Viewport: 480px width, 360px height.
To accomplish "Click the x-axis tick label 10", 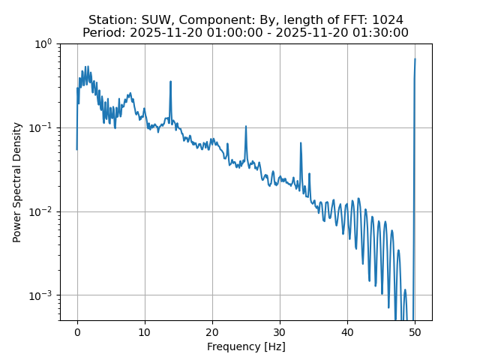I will click(x=145, y=331).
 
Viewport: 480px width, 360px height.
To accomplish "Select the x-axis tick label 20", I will click(x=212, y=331).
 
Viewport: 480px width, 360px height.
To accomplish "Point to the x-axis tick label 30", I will click(x=280, y=331).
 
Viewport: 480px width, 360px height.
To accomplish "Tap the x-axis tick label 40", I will click(x=347, y=331).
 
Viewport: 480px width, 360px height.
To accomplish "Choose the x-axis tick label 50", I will click(x=415, y=331).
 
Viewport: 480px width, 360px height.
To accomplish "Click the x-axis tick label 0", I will click(x=77, y=331).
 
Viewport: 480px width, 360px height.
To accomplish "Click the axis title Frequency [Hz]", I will click(x=246, y=346).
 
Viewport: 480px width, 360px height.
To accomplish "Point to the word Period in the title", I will click(x=103, y=33).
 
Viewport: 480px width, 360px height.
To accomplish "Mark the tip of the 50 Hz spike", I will click(x=415, y=59).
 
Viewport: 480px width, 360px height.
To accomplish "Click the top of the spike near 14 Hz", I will click(x=171, y=81).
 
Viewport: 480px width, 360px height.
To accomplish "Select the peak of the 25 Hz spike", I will click(x=246, y=126).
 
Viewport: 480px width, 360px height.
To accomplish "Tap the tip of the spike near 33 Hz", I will click(x=301, y=142).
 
